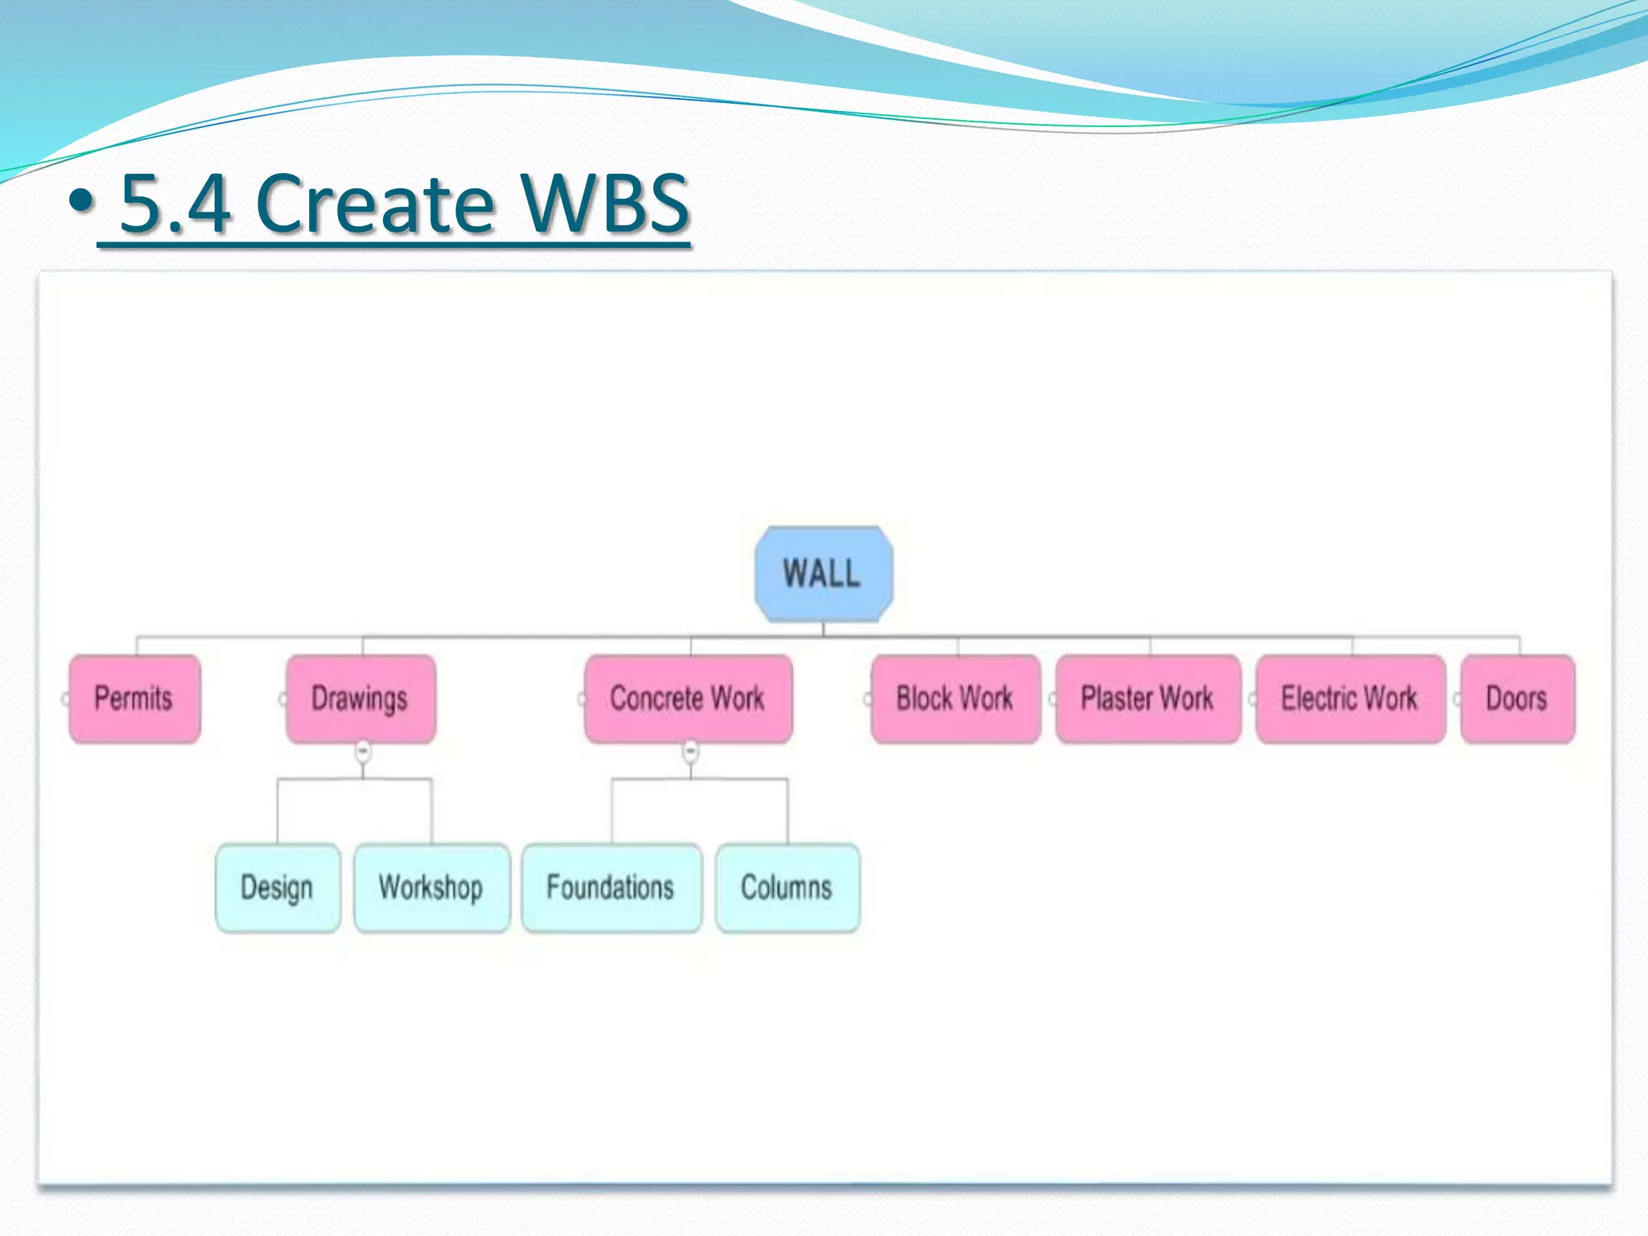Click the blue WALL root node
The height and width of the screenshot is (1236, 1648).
823,574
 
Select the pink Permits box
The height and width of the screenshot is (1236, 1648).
134,698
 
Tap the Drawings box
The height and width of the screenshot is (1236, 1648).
360,698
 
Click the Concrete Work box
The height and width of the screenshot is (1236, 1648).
688,698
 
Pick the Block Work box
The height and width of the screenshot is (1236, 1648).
955,698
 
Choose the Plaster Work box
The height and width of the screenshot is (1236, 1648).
1147,698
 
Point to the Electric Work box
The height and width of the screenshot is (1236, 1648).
1350,698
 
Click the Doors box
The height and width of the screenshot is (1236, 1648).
1517,698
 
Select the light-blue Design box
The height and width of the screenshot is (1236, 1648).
278,888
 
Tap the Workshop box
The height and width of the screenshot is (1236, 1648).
431,888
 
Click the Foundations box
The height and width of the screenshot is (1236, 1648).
611,888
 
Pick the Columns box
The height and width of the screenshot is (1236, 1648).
787,888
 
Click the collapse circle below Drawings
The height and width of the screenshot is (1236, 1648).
363,752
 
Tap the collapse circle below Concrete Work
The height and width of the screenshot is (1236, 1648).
690,752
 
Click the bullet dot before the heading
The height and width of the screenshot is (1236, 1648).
80,202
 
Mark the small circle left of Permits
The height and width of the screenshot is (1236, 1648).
65,699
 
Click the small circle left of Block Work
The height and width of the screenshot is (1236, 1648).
867,699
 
